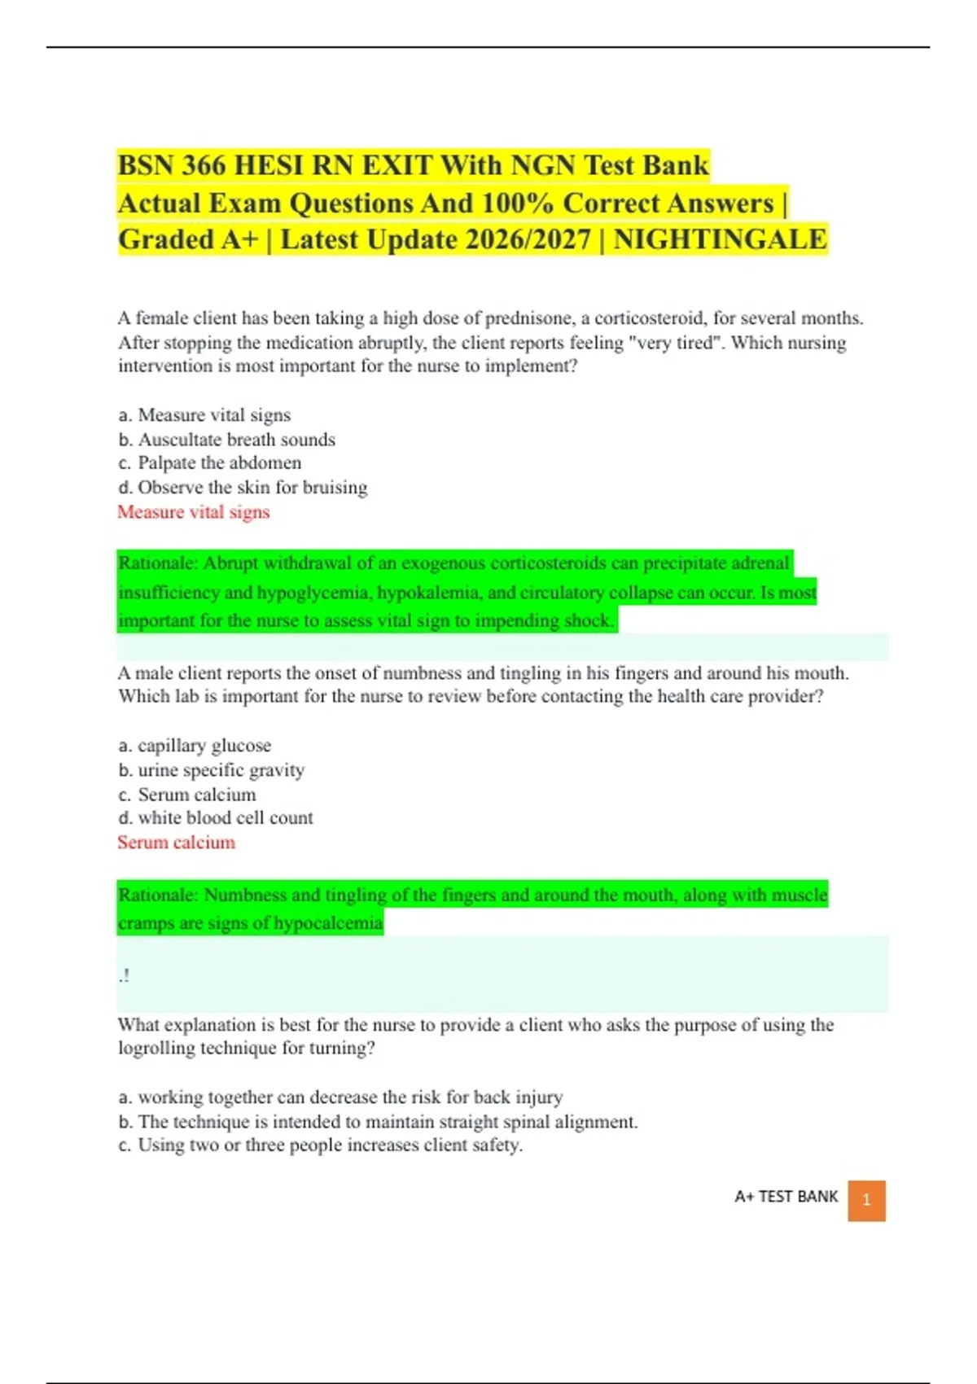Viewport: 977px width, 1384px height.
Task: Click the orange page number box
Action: (866, 1200)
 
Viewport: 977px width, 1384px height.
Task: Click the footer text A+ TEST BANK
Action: (786, 1197)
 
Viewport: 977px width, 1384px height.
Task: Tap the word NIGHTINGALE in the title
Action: (720, 240)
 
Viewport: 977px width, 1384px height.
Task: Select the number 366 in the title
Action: (204, 165)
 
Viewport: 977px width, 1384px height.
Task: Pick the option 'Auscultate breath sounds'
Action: (236, 440)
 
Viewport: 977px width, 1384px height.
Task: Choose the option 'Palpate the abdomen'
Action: (219, 463)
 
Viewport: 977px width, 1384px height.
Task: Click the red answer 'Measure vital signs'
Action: (194, 512)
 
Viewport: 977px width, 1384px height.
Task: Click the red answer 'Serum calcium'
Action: (177, 843)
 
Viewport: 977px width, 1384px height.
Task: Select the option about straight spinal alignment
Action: (388, 1122)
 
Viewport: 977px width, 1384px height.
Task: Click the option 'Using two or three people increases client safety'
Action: (330, 1145)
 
